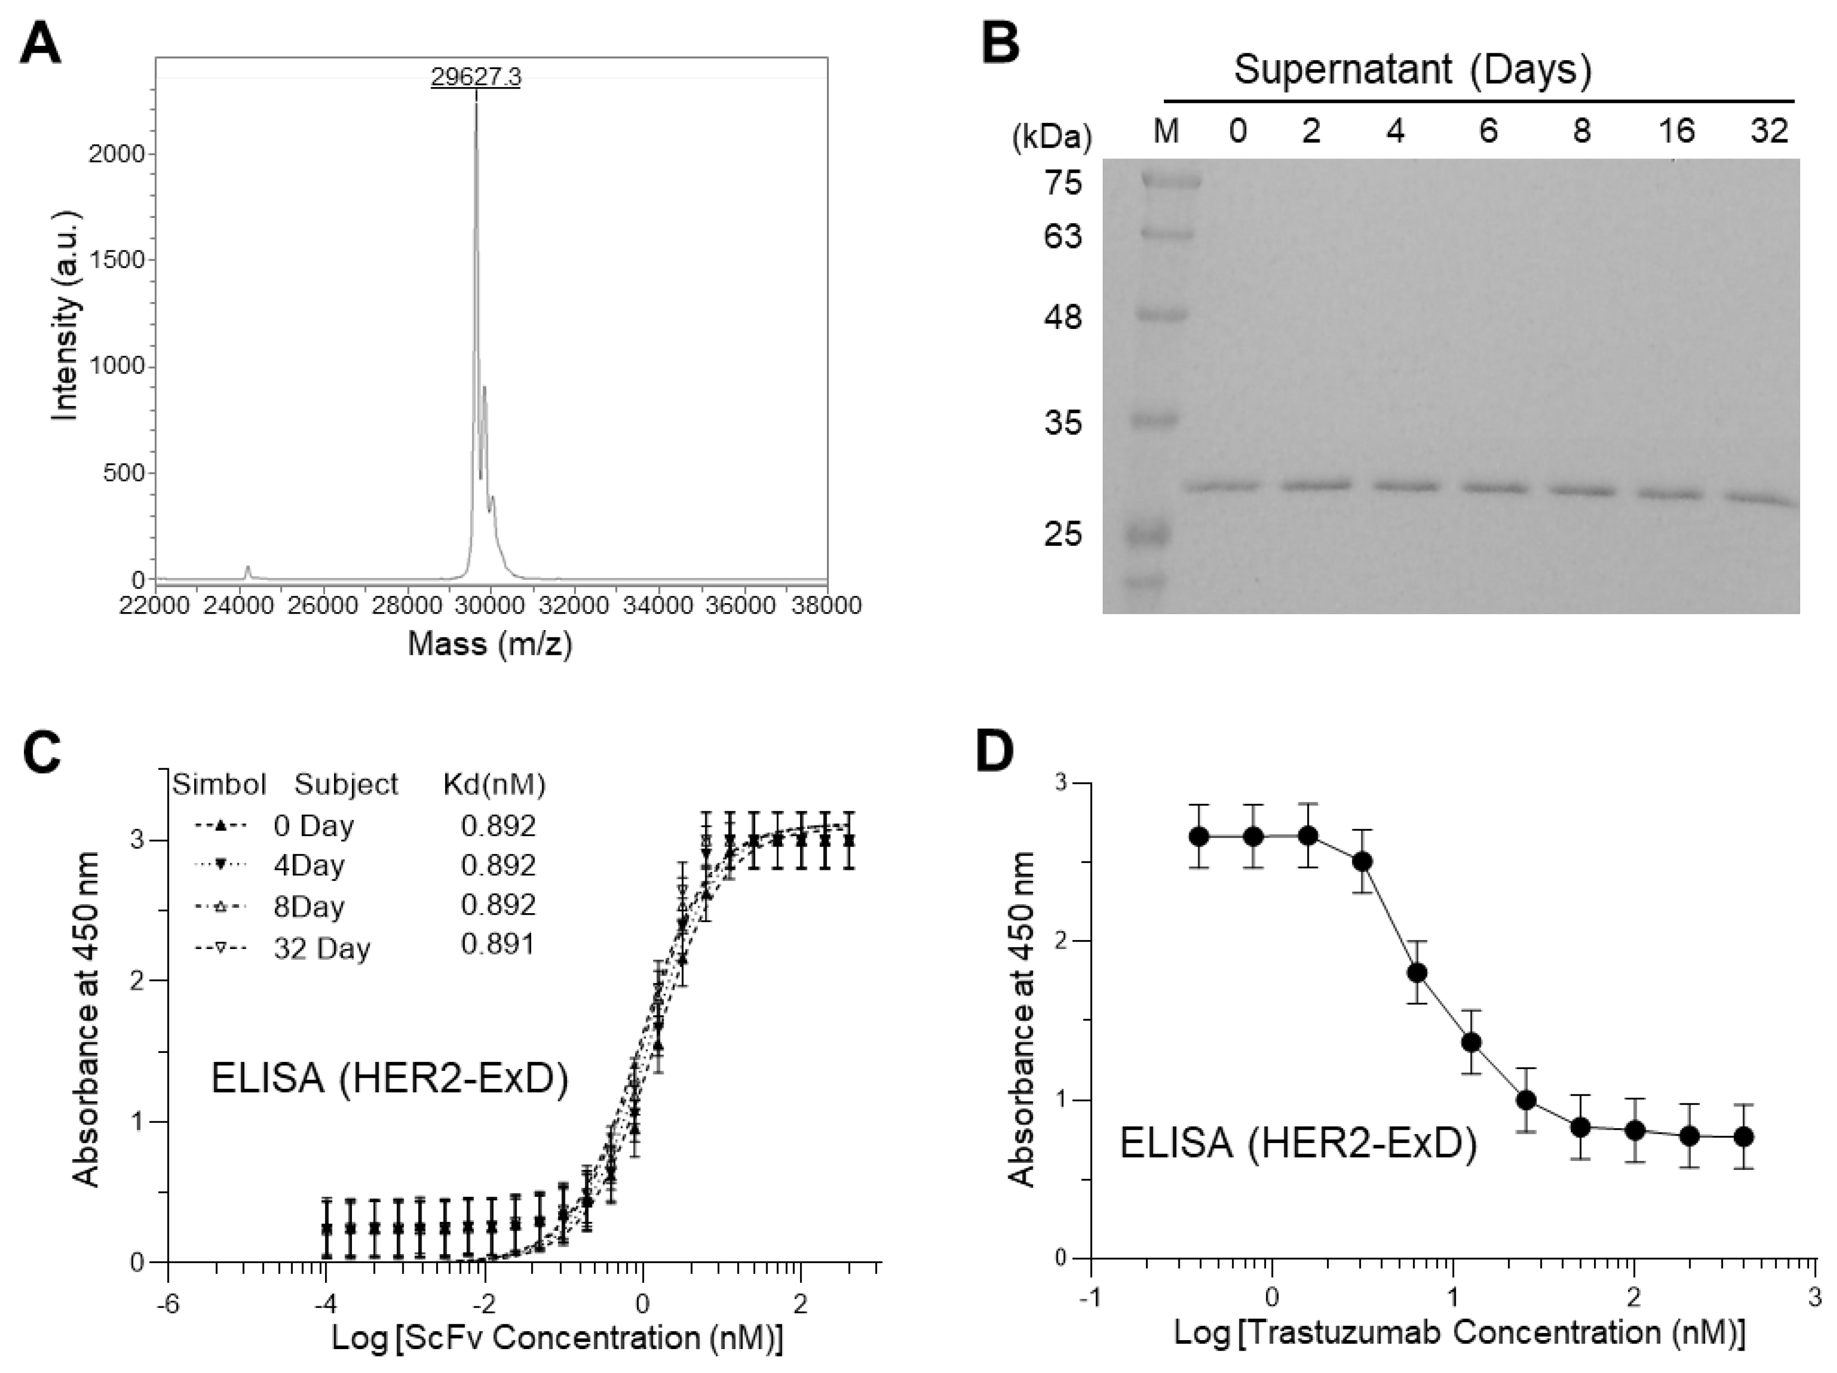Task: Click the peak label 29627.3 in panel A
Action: coord(476,77)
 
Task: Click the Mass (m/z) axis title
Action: coord(490,643)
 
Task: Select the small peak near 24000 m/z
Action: coord(246,571)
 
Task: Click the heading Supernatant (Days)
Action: coord(1412,70)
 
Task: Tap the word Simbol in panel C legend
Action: coord(219,784)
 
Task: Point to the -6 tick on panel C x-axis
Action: coord(169,1304)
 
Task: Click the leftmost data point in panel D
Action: coord(1198,836)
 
